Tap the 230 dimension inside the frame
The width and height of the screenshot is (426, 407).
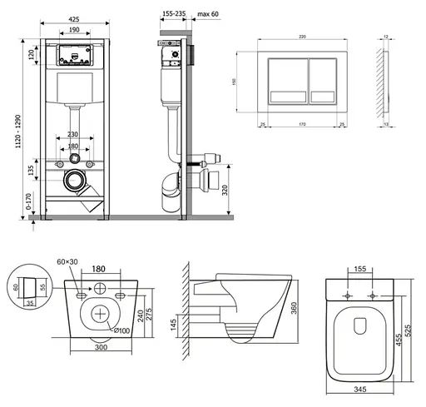(x=75, y=135)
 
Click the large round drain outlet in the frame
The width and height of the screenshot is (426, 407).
(x=77, y=177)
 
